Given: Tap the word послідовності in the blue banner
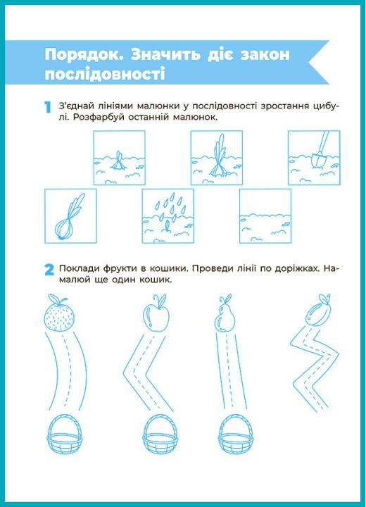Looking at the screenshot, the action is tap(105, 74).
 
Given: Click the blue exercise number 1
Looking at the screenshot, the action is tap(48, 107).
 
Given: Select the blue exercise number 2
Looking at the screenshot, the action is tap(49, 270).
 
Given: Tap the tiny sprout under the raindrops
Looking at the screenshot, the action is tap(167, 226).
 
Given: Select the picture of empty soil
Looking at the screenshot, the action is tap(265, 216).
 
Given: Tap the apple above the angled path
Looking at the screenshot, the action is tap(156, 313).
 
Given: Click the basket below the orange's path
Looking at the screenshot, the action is tap(65, 435).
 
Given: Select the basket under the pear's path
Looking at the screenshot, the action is tap(236, 435).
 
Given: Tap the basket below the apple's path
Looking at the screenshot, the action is tap(160, 435).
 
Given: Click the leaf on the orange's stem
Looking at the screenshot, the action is tap(63, 300).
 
